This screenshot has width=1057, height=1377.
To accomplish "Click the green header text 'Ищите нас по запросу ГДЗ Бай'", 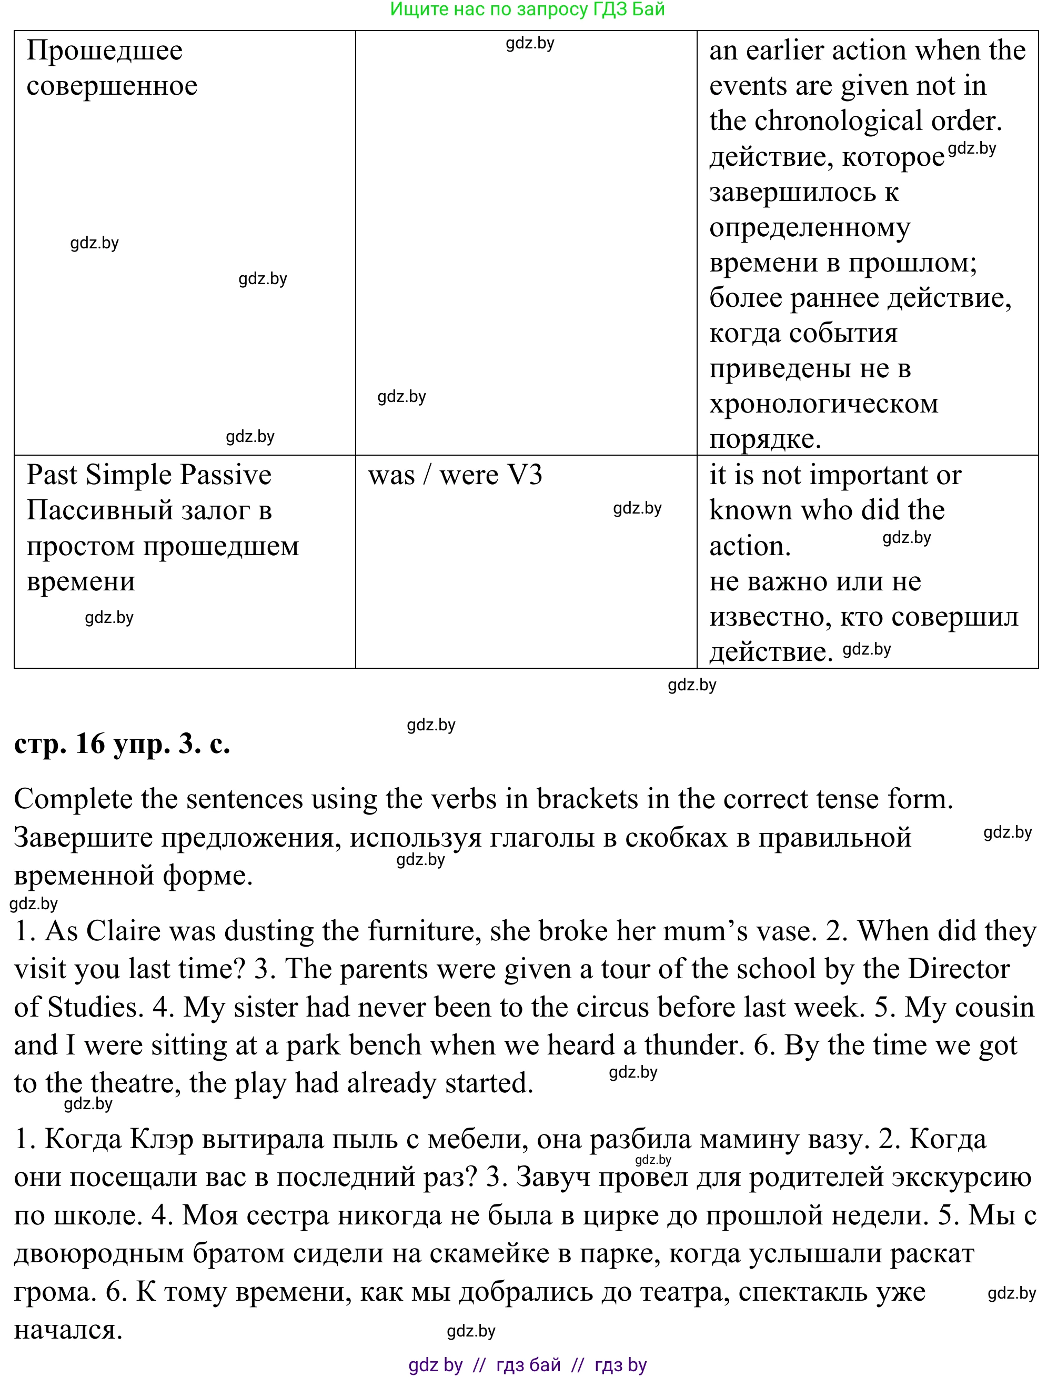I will click(x=527, y=9).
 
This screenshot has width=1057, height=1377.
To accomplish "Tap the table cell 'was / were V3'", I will click(x=455, y=476).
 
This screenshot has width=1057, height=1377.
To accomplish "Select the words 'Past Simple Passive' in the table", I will click(x=149, y=475).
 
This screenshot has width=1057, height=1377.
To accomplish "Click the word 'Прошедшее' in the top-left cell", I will click(x=105, y=51).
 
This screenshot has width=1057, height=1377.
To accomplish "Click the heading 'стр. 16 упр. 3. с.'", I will click(x=122, y=744).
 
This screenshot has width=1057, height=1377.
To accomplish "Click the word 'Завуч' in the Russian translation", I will click(x=553, y=1178).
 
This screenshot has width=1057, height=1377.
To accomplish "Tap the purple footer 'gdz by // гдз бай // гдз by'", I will click(x=527, y=1365).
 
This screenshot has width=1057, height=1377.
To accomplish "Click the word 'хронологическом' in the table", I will click(x=823, y=405).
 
